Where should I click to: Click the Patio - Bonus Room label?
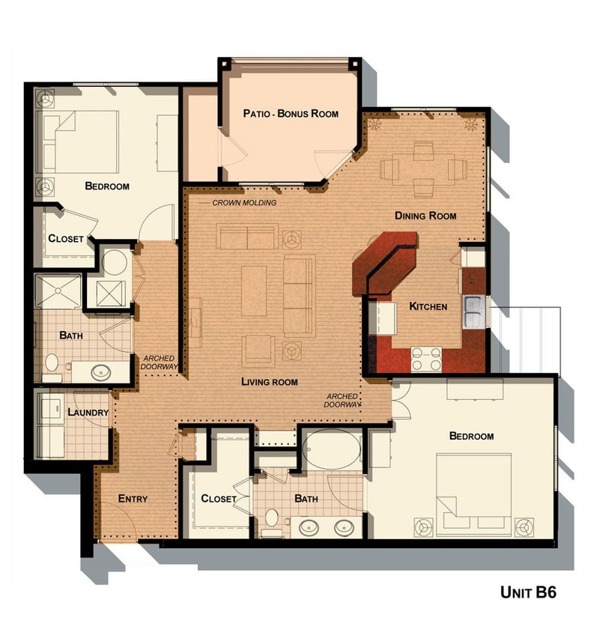(x=290, y=114)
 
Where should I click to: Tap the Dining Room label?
(x=425, y=216)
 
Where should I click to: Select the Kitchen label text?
(x=428, y=306)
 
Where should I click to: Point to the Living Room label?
(x=269, y=382)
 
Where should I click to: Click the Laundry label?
(x=88, y=413)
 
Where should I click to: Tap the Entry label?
(x=133, y=499)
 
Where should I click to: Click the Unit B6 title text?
(x=527, y=592)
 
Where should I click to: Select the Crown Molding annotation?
(x=243, y=203)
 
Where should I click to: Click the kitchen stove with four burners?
(x=426, y=360)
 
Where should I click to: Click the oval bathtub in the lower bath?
(x=333, y=449)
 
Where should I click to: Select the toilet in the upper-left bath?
(x=52, y=364)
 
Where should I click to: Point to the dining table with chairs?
(x=423, y=169)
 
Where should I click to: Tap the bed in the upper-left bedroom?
(x=82, y=142)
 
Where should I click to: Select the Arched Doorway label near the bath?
(x=160, y=362)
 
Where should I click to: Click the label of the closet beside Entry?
(x=219, y=499)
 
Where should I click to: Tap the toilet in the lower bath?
(x=272, y=519)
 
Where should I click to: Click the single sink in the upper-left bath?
(x=100, y=370)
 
